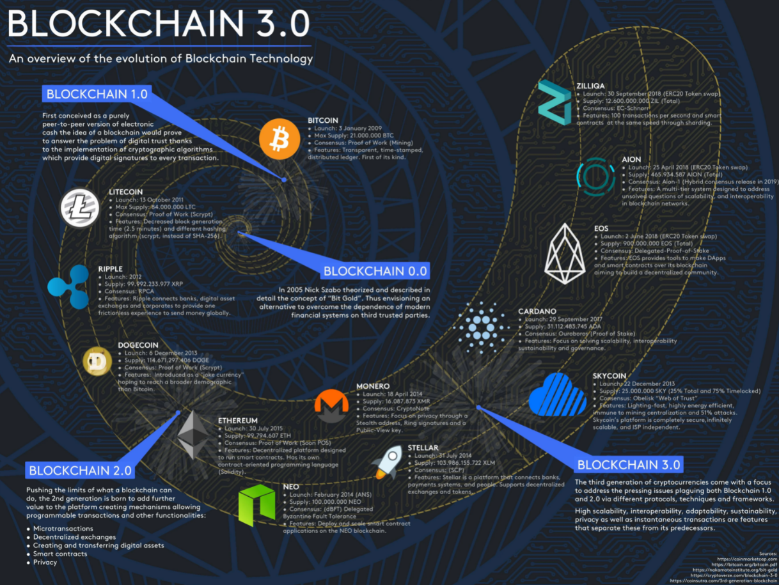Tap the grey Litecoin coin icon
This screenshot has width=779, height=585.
coord(80,208)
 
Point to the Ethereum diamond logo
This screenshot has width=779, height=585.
coord(193,434)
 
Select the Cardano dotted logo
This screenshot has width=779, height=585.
coord(479,328)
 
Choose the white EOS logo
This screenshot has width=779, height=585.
coord(565,254)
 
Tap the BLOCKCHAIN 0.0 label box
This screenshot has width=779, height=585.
coord(375,270)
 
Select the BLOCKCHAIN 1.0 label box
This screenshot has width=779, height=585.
coord(97,94)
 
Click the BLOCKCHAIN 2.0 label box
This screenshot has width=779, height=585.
coord(81,471)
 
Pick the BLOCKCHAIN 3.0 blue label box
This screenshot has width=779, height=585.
coord(629,465)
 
